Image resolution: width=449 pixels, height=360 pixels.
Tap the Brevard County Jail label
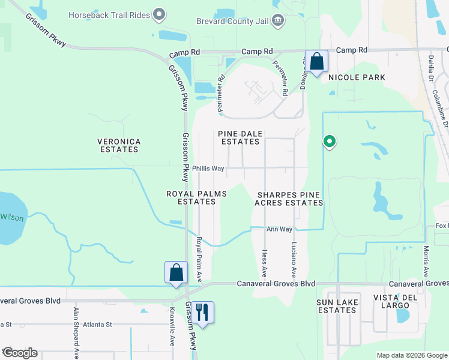pos(233,21)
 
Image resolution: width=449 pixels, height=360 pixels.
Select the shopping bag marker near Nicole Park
pos(316,62)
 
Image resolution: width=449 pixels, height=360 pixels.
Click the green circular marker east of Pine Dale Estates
pos(329,142)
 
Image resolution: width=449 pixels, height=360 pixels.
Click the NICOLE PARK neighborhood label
pos(356,77)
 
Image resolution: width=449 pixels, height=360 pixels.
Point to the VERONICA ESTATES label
pos(119,146)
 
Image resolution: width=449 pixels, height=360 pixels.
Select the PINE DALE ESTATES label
pos(240,137)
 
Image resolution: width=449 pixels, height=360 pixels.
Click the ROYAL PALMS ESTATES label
pos(191,197)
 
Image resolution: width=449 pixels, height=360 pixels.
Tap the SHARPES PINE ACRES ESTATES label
pos(289,199)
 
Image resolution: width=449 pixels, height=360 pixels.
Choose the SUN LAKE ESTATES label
pos(337,306)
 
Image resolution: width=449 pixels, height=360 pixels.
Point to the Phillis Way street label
pos(208,169)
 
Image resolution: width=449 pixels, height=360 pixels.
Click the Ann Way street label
pos(279,229)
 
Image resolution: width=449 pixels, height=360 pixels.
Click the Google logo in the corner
pos(20,353)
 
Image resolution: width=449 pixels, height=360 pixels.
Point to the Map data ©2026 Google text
pos(411,355)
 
